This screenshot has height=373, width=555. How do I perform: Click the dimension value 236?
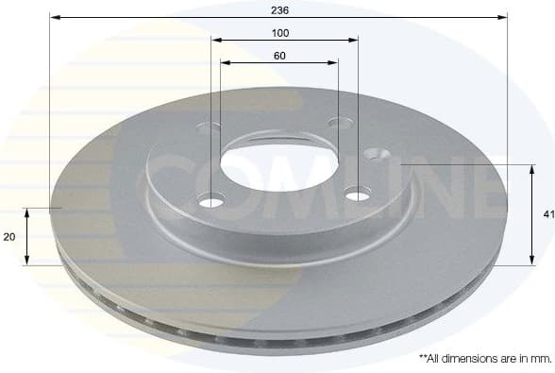(279, 9)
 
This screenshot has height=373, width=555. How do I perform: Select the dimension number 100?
(279, 33)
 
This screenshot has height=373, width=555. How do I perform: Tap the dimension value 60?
(279, 56)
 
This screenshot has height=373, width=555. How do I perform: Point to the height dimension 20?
(8, 237)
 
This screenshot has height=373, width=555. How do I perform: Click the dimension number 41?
(548, 215)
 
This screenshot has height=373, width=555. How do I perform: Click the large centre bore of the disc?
(278, 163)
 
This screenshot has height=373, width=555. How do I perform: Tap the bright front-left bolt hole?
(212, 201)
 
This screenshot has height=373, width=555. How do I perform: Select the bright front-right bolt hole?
(358, 195)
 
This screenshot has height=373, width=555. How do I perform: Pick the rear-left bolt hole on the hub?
(212, 127)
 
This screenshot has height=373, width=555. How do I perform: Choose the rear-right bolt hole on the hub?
(339, 122)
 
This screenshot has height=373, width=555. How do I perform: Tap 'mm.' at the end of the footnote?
(540, 359)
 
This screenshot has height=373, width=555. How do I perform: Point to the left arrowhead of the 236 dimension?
(55, 17)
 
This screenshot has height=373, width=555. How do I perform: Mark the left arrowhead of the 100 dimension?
(216, 40)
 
